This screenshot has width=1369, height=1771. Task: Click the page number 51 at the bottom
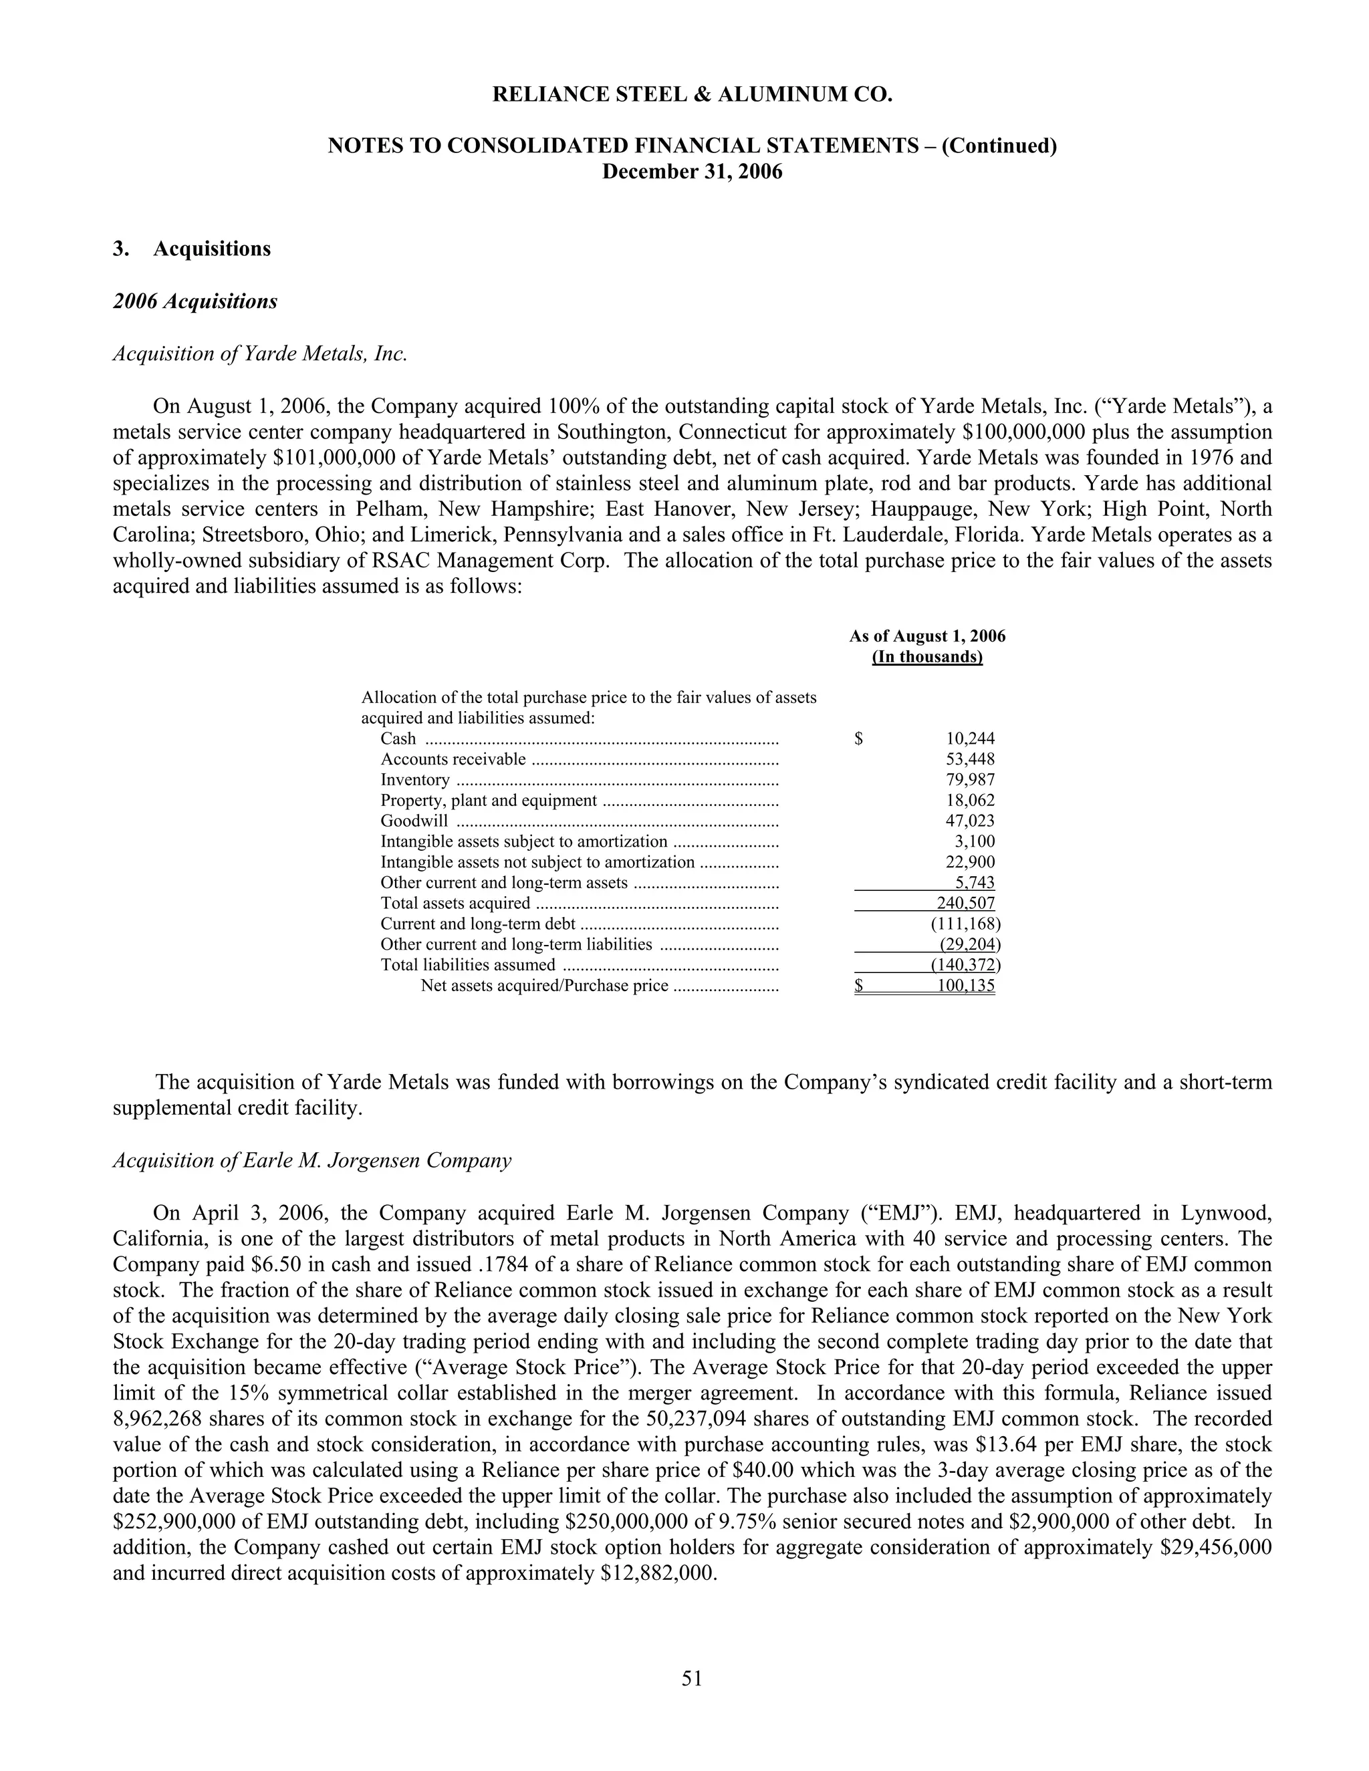coord(691,1677)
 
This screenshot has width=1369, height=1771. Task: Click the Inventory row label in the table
coord(415,779)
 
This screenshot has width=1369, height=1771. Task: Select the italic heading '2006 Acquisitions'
coord(195,301)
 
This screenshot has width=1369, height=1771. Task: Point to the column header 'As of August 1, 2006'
coord(927,636)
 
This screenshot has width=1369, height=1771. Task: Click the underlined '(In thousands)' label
coord(927,657)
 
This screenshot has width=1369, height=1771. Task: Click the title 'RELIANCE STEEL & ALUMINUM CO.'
coord(692,95)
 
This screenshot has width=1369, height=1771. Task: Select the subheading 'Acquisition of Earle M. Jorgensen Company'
coord(312,1160)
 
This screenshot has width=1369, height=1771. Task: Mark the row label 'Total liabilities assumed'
coord(468,965)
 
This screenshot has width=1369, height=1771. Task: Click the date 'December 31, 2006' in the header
coord(692,172)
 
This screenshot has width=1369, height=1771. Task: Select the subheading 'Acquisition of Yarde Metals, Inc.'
coord(259,354)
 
